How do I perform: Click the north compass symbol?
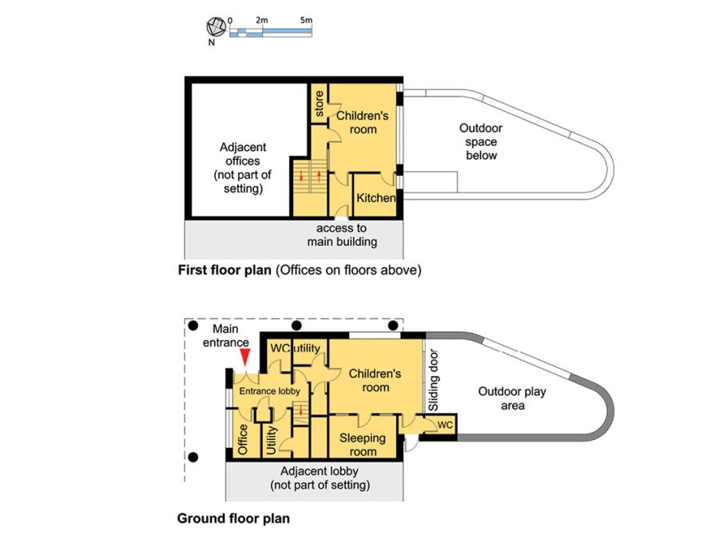213,25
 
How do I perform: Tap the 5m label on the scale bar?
306,18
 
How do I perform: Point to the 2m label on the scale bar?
261,18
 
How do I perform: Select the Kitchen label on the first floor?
376,198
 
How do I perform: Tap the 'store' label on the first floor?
320,105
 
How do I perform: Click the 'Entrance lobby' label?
269,391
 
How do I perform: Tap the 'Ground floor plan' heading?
233,518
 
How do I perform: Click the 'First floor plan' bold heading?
224,270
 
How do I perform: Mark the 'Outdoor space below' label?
481,141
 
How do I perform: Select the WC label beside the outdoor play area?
445,425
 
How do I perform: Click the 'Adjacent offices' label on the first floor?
243,168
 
